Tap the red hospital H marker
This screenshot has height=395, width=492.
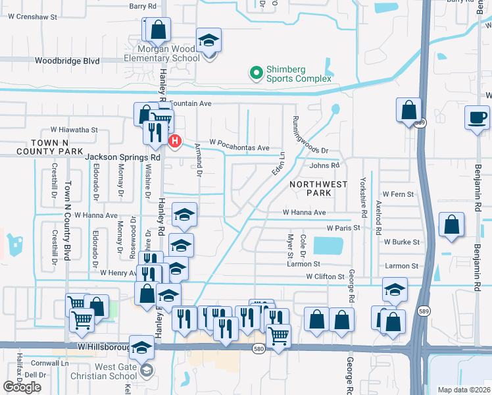(174, 141)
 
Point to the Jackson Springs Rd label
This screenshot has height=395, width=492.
(123, 158)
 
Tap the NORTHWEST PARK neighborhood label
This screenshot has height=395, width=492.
(319, 189)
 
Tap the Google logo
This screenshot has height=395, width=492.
(22, 387)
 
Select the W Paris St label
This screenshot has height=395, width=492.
(343, 228)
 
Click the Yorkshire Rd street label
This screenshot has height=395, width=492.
(363, 197)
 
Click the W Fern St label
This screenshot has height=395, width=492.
(399, 195)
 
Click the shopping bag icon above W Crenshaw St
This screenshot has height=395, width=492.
(158, 30)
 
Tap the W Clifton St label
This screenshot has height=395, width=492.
(326, 276)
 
